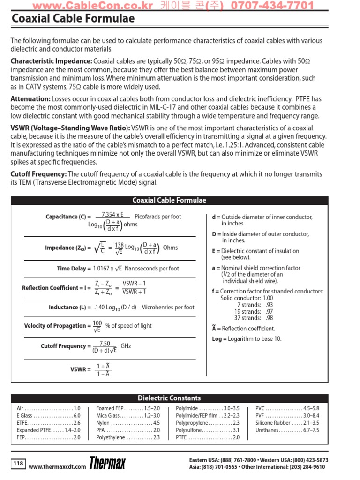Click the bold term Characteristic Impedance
coord(51,61)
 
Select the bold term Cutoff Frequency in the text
coord(38,174)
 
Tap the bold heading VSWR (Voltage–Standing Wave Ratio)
coord(70,128)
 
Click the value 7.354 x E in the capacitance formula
coord(112,214)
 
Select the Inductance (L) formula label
coord(70,307)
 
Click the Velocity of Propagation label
coord(55,326)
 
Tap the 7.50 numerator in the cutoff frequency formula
coord(105,343)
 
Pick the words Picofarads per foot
coord(157,217)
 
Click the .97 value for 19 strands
coord(269,311)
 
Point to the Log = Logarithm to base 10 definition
coord(247,339)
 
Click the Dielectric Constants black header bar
coord(169,398)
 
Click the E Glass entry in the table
coord(49,415)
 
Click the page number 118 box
coord(18,464)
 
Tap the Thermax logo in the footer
coord(107,464)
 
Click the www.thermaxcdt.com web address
coord(57,466)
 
